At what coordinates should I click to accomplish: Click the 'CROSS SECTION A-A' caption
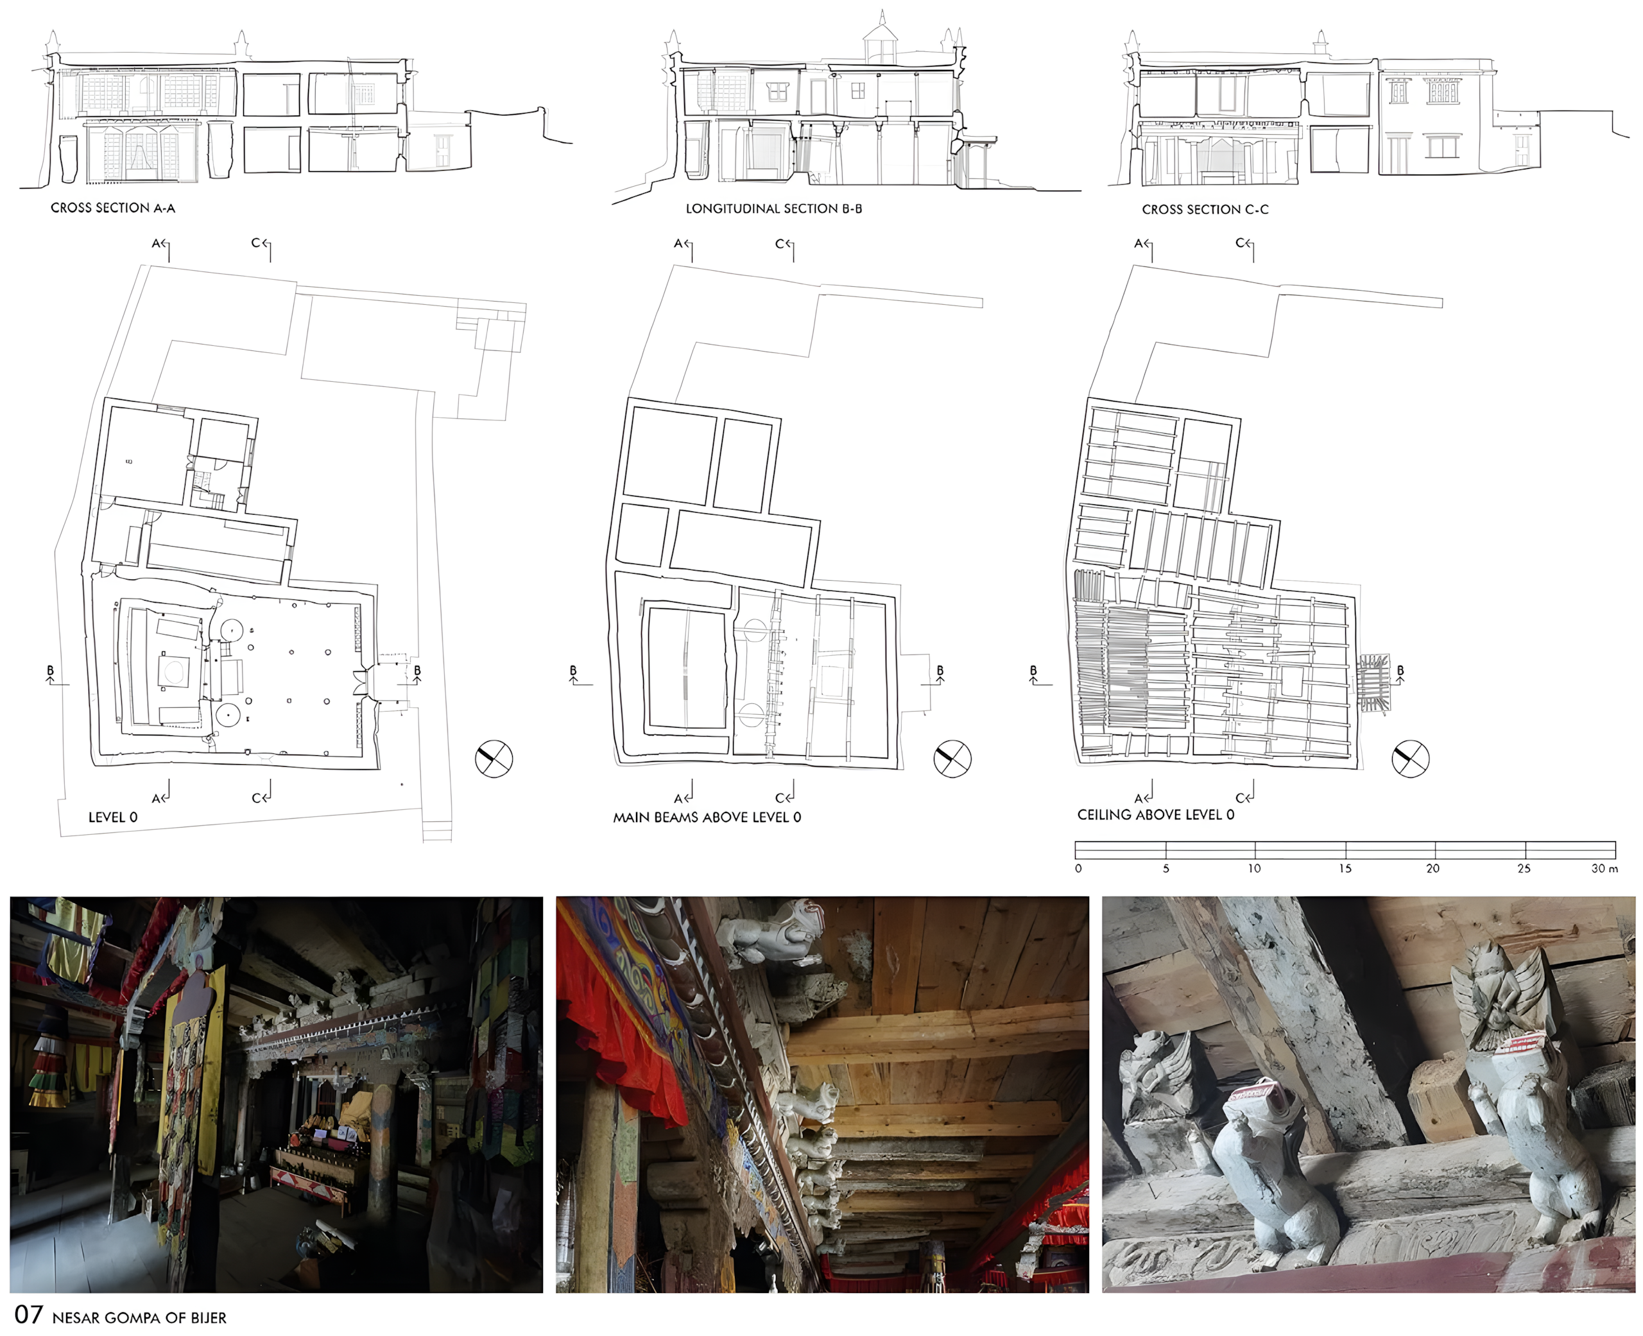[x=113, y=208]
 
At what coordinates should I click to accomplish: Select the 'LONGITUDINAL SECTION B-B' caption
[x=773, y=209]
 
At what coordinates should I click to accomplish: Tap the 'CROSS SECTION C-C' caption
[x=1205, y=209]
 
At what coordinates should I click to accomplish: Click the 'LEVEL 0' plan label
[x=113, y=818]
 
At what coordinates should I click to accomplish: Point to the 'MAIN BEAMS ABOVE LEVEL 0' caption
[x=707, y=818]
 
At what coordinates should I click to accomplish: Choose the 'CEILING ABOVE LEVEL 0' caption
[x=1156, y=815]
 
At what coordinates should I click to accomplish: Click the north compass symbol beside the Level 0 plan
[x=494, y=759]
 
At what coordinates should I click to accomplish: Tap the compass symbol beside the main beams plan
[x=952, y=759]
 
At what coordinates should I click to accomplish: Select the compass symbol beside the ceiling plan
[x=1411, y=759]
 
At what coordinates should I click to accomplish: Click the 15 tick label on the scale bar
[x=1345, y=868]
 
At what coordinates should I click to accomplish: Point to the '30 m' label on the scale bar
[x=1604, y=868]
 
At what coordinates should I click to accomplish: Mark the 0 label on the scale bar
[x=1078, y=868]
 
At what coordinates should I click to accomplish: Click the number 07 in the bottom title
[x=28, y=1314]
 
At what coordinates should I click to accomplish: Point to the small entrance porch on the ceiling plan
[x=1373, y=683]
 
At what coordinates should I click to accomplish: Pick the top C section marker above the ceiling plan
[x=1245, y=248]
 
